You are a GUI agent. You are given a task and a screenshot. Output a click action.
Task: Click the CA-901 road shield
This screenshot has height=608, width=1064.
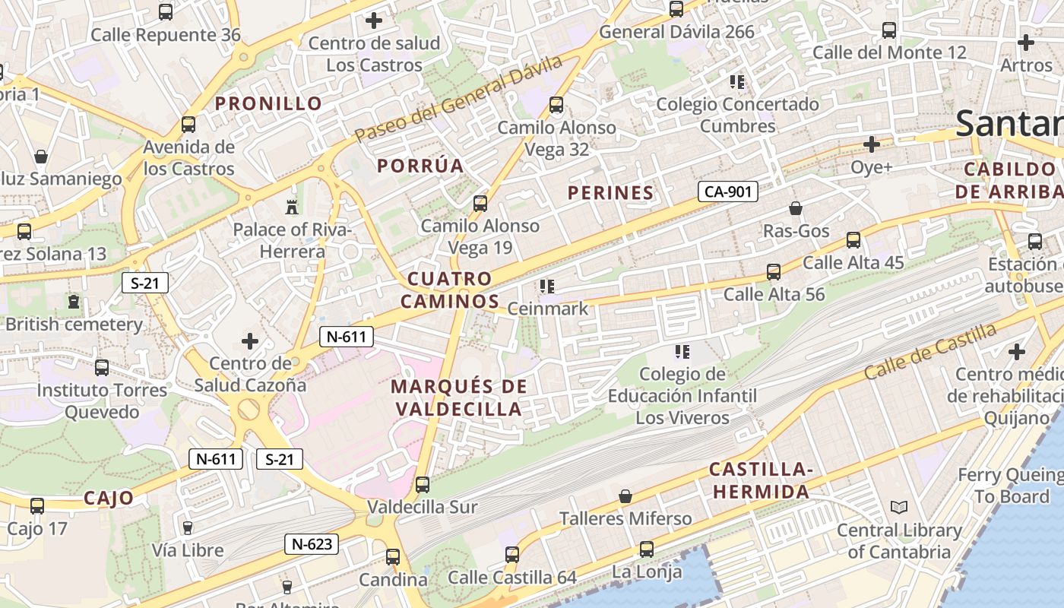(x=728, y=192)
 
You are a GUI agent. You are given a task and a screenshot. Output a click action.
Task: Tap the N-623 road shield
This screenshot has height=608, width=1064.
(x=312, y=544)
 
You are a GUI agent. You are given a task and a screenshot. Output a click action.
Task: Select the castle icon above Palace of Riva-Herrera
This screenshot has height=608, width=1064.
(x=291, y=206)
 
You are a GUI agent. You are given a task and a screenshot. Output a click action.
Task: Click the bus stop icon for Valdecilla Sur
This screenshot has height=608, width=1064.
(x=423, y=484)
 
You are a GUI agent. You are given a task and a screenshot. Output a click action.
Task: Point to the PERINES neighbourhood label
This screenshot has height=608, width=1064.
(x=610, y=193)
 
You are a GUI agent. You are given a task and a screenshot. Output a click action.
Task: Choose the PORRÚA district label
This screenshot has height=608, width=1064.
(x=420, y=166)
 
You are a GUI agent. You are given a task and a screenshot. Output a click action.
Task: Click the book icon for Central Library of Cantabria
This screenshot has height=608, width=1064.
(x=899, y=507)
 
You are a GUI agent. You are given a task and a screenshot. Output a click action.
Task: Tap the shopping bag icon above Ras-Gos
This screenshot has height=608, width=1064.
(x=796, y=207)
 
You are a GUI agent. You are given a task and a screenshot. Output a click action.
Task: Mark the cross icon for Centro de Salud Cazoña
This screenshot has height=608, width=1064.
(x=249, y=341)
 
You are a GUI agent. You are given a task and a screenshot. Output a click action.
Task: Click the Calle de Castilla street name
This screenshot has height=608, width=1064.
(x=930, y=351)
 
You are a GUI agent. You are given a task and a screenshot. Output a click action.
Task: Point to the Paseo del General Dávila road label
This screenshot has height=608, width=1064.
(x=458, y=98)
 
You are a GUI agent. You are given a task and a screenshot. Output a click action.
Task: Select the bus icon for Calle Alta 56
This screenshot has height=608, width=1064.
(x=774, y=271)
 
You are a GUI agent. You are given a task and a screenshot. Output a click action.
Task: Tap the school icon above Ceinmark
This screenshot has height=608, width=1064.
(x=546, y=287)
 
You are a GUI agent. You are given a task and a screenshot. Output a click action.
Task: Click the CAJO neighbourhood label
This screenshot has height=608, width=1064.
(x=109, y=499)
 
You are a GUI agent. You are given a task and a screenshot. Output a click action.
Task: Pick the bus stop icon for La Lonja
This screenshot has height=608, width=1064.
(x=646, y=549)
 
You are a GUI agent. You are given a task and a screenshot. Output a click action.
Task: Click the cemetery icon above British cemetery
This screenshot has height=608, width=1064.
(x=74, y=302)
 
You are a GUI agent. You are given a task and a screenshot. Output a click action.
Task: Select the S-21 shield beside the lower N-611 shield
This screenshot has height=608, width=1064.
(x=280, y=459)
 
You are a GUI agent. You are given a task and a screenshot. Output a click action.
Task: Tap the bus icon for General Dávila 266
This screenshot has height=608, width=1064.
(x=676, y=9)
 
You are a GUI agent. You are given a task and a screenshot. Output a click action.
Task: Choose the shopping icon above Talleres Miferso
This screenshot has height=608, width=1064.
(x=625, y=496)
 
